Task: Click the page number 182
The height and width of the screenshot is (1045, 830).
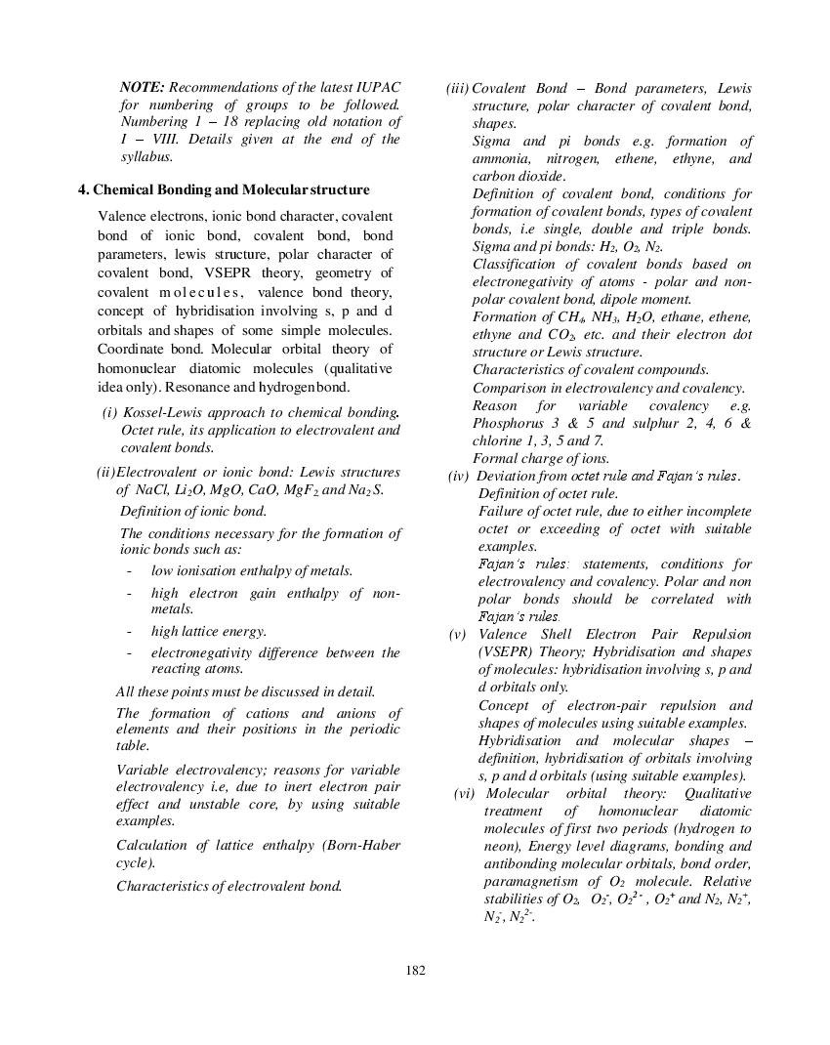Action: pos(415,970)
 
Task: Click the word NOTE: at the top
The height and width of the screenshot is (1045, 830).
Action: pos(143,87)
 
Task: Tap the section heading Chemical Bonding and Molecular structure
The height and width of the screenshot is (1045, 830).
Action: pos(230,189)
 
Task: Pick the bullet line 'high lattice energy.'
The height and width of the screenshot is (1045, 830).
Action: pos(208,631)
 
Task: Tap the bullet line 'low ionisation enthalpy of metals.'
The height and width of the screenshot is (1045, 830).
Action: pos(251,570)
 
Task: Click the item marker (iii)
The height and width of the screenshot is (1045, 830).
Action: pos(458,89)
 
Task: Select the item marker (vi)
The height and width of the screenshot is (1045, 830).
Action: pos(466,793)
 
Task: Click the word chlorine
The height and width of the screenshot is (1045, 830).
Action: pos(499,440)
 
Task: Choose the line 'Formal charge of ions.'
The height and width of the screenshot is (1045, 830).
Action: pos(541,458)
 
